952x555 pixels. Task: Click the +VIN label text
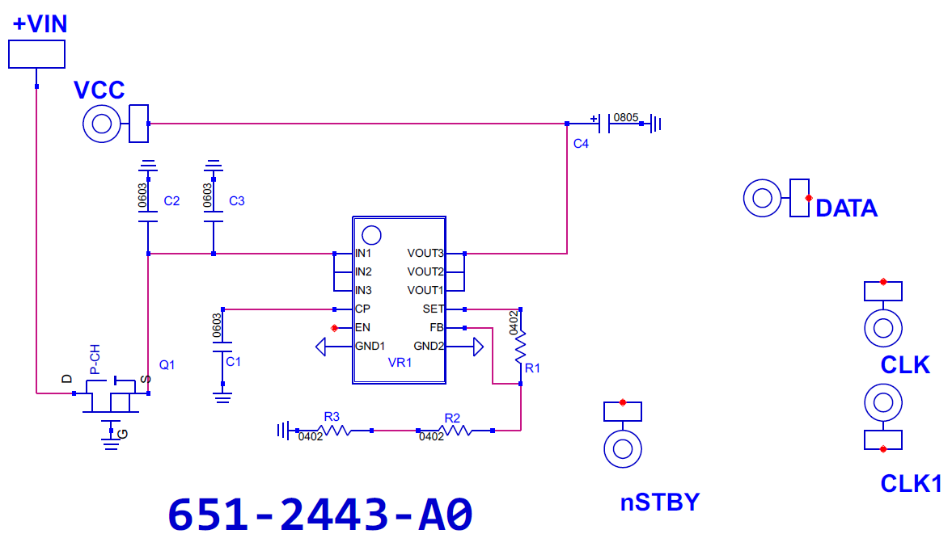tap(40, 24)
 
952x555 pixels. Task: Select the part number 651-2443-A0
tap(320, 515)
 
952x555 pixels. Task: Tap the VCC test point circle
tap(101, 124)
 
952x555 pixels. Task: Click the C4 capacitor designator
tap(581, 144)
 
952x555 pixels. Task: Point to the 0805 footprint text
tap(626, 117)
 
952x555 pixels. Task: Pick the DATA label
tap(846, 208)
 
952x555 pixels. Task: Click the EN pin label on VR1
tap(362, 327)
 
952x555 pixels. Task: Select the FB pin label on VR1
tap(437, 327)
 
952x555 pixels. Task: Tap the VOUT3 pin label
tap(425, 253)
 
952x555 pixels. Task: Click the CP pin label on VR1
tap(362, 309)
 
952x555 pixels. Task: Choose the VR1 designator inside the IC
tap(400, 363)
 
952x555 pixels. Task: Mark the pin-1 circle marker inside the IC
tap(371, 235)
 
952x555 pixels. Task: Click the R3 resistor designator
tap(332, 417)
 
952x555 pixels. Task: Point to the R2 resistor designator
tap(452, 418)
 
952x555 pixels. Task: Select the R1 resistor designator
tap(532, 368)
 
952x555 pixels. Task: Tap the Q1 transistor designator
tap(167, 364)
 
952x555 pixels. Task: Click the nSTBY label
tap(660, 502)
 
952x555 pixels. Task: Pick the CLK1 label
tap(911, 484)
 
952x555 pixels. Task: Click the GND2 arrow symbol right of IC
tap(478, 347)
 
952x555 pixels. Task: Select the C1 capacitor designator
tap(233, 361)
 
